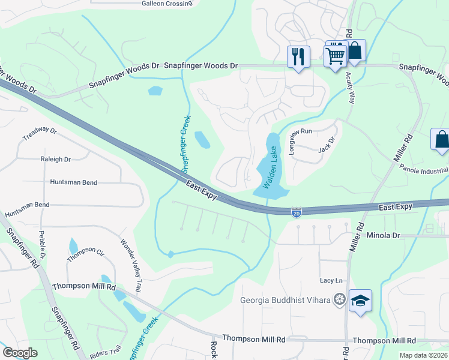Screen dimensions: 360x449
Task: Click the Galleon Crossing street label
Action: point(166,3)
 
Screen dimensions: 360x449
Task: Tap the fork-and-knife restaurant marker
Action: point(298,56)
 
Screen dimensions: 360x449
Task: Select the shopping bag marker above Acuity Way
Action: point(355,51)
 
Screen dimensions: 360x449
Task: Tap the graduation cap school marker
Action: point(360,301)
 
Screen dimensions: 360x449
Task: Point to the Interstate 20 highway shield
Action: point(296,212)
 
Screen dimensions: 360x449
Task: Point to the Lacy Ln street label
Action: point(331,280)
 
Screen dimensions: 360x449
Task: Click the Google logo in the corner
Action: point(20,352)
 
